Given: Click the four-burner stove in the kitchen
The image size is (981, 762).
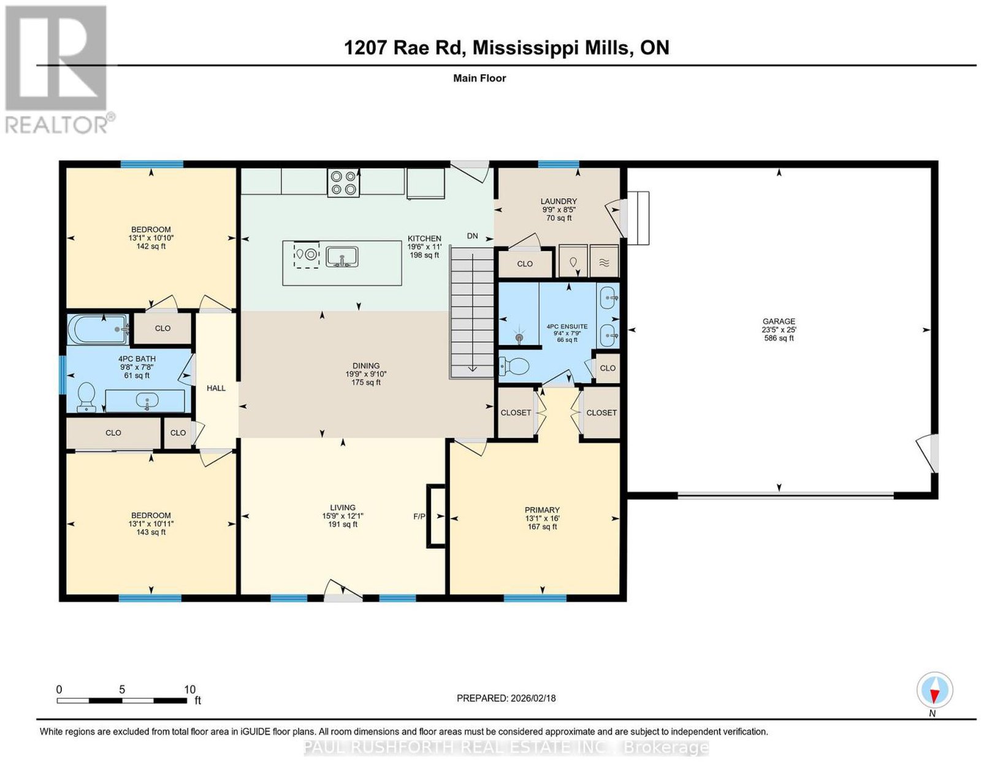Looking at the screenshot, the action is (x=343, y=182).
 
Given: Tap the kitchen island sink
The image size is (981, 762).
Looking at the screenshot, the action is (x=342, y=257).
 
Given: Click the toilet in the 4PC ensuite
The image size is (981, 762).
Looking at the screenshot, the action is (x=514, y=366).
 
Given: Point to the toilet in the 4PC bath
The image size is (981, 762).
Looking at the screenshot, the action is (x=86, y=397).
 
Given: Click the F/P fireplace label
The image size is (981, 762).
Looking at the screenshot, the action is (x=419, y=516).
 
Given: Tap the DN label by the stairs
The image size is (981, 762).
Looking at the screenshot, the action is (x=472, y=236).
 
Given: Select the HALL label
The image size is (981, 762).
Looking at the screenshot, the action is (x=216, y=388).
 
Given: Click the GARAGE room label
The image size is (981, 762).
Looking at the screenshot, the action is (x=779, y=321).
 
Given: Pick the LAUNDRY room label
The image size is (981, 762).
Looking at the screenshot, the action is (x=559, y=201).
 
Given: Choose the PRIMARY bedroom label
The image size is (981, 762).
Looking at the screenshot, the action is (x=542, y=510).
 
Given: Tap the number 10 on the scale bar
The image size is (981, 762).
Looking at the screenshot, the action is (x=189, y=690).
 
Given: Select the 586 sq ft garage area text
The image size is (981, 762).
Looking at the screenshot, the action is (x=779, y=338).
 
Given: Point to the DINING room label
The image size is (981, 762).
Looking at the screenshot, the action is (x=365, y=365).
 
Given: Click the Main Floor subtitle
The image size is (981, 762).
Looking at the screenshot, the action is (x=479, y=78).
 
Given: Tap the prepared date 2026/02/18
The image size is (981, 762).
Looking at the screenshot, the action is (x=533, y=698).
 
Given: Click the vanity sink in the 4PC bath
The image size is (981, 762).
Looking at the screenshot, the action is (x=147, y=401).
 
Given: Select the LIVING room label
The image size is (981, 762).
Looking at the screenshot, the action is (x=343, y=508).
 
